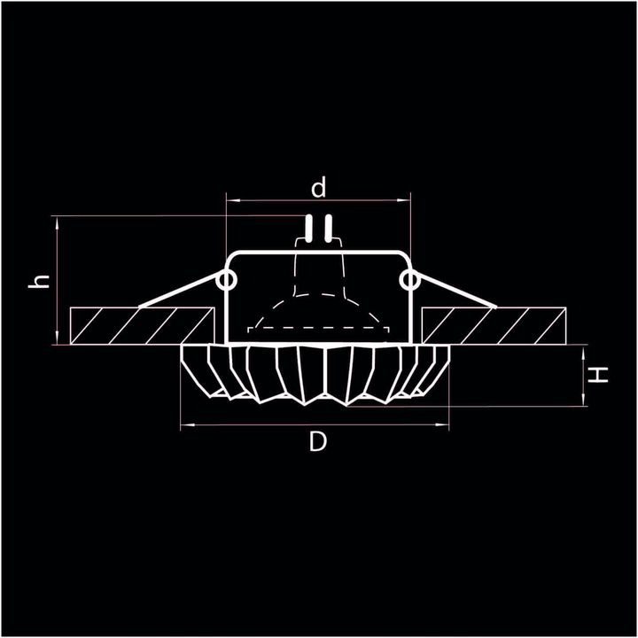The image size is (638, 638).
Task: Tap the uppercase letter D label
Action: coord(318,441)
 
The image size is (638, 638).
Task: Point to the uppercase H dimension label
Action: coord(601,375)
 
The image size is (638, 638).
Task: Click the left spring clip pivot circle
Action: coord(226,281)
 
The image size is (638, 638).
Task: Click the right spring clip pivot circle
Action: coord(408,281)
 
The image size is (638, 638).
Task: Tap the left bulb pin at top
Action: coord(309,229)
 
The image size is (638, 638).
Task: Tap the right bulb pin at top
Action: coord(328,229)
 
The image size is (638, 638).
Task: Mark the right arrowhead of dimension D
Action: coord(447,426)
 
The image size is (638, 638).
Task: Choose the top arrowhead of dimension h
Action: coord(57,220)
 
